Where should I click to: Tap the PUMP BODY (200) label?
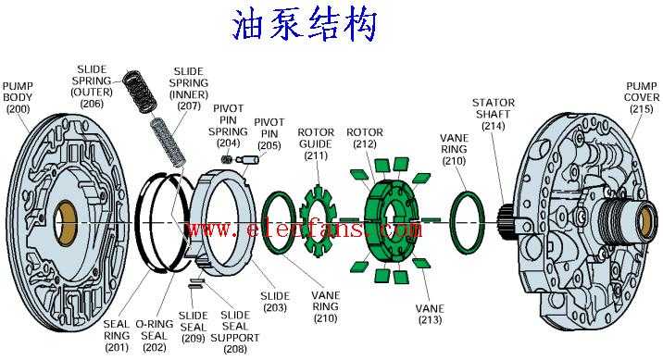click(18, 97)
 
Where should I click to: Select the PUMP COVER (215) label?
click(642, 97)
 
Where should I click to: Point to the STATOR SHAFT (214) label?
click(494, 114)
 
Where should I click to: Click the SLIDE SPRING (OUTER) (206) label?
click(92, 86)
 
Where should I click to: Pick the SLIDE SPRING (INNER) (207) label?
click(189, 89)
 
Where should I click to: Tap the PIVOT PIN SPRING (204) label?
click(228, 126)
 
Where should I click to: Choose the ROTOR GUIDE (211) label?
click(316, 143)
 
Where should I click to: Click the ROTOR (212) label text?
click(365, 138)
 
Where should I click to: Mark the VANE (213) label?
click(430, 314)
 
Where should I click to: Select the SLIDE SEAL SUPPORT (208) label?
click(235, 332)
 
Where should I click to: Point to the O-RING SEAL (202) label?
click(155, 336)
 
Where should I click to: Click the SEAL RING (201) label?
click(117, 336)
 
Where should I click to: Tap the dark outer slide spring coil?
click(140, 92)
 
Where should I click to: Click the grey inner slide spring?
click(169, 142)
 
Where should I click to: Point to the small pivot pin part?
click(245, 160)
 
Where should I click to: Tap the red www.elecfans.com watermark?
click(305, 229)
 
